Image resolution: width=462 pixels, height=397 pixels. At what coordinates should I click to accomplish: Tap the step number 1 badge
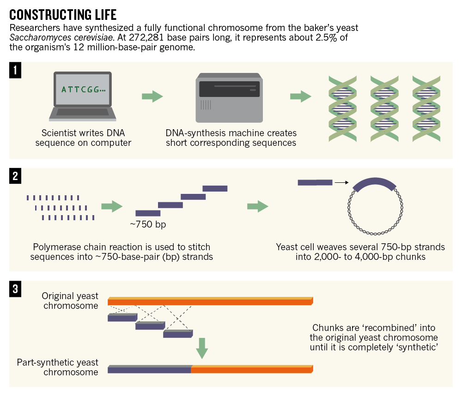point(16,70)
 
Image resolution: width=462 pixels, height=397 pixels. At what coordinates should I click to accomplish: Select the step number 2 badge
point(16,176)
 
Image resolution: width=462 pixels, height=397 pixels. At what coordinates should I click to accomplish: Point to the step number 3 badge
point(16,289)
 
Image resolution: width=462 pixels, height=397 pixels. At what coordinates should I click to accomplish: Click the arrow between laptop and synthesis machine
point(152,96)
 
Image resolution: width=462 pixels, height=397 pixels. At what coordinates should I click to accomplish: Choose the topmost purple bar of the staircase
point(215,188)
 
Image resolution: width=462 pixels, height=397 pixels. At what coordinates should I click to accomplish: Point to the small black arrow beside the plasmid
point(341,183)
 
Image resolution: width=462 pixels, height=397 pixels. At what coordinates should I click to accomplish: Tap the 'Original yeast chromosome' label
point(70,301)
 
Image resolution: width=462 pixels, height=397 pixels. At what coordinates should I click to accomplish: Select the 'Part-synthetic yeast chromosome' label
point(58,367)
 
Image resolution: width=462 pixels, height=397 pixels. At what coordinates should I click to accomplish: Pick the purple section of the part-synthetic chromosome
point(149,369)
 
